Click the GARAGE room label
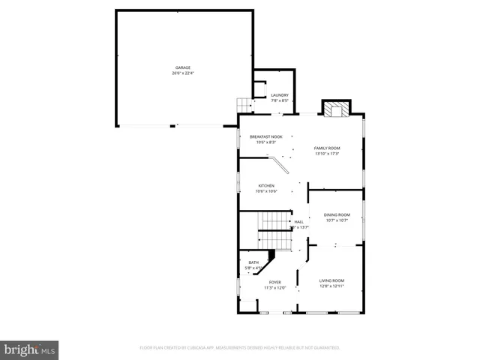183,67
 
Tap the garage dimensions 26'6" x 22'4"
183,73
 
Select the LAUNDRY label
280,94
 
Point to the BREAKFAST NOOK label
266,136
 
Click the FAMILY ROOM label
327,148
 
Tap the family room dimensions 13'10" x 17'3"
327,154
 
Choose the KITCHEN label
266,185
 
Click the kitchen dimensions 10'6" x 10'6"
266,191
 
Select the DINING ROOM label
337,215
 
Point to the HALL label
298,221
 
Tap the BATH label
253,262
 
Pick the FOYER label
275,282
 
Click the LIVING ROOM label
331,280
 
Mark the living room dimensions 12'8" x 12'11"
331,286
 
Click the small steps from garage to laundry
244,103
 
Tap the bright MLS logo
29,349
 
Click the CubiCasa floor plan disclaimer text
240,348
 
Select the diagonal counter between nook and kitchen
279,165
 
